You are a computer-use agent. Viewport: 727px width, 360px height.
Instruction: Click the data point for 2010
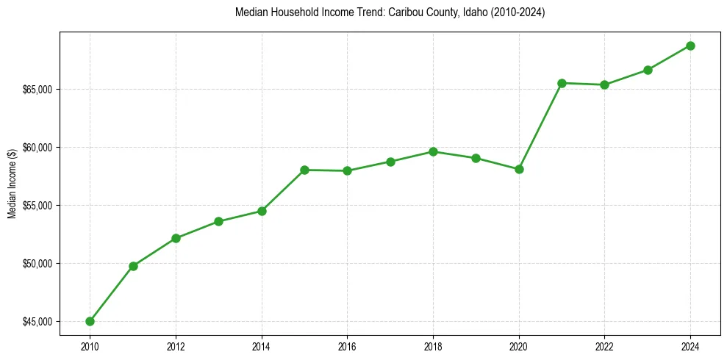[x=90, y=321]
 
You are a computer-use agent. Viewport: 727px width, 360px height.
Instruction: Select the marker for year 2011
[x=133, y=266]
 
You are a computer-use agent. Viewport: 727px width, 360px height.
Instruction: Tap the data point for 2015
[x=304, y=170]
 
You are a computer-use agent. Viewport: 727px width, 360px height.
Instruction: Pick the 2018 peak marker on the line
[x=433, y=151]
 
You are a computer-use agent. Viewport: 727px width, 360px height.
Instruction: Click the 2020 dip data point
[x=519, y=169]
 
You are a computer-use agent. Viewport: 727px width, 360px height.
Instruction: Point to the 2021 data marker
[x=562, y=83]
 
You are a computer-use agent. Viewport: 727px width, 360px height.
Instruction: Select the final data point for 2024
[x=690, y=46]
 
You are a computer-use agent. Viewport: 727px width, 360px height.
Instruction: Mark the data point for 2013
[x=219, y=221]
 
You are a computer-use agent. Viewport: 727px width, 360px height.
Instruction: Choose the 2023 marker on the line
[x=648, y=70]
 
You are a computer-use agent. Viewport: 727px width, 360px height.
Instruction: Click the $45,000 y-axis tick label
[x=37, y=321]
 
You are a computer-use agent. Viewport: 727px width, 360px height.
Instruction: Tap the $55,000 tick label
[x=37, y=205]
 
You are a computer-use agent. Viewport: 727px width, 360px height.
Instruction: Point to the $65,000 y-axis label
[x=37, y=89]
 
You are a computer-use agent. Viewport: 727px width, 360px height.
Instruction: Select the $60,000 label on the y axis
[x=37, y=147]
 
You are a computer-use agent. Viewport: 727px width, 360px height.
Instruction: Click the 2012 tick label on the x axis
[x=176, y=345]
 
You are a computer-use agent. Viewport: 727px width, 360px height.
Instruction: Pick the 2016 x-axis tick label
[x=347, y=345]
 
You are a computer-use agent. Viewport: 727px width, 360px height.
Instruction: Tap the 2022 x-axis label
[x=604, y=345]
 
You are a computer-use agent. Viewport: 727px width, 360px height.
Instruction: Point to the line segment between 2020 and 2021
[x=540, y=126]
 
